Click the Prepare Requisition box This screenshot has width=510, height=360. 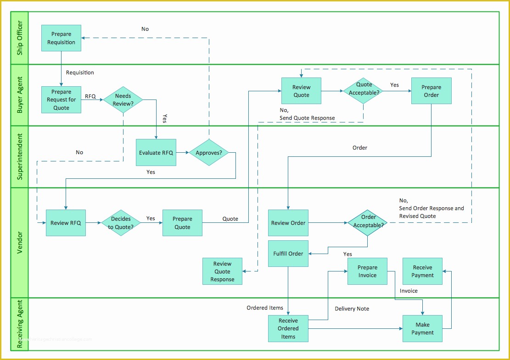point(61,38)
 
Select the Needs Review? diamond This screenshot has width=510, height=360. point(123,100)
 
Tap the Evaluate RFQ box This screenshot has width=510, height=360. point(156,152)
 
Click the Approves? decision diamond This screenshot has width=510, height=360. point(209,152)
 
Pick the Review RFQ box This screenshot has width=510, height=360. point(66,223)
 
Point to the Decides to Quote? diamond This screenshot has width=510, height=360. point(121,223)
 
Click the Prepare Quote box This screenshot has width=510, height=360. point(182,223)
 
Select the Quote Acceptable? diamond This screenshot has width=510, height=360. point(363,91)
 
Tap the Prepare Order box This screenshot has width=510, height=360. point(431,91)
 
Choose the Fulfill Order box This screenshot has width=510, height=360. point(288,254)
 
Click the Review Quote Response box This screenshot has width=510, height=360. point(222,271)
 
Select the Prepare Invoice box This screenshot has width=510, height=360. point(367,271)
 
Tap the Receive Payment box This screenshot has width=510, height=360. point(422,271)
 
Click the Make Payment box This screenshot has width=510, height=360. point(422,328)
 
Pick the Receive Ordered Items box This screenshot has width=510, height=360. point(288,328)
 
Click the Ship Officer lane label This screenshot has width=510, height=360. point(20,38)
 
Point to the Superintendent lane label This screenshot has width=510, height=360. point(20,156)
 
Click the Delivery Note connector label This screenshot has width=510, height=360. point(352,309)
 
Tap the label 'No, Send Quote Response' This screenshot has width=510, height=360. point(307,114)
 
